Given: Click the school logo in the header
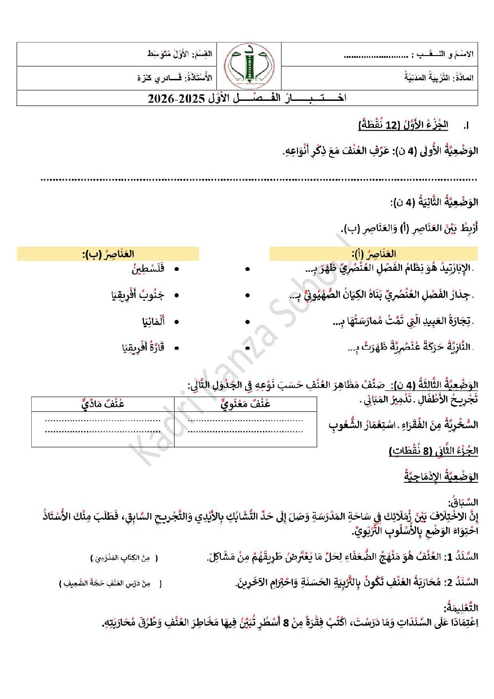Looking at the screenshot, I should [x=249, y=66].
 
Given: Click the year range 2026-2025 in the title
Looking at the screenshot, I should [x=176, y=99].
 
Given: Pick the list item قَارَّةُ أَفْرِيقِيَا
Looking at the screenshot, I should [x=143, y=347].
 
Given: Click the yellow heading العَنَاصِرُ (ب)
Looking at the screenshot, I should [x=108, y=254].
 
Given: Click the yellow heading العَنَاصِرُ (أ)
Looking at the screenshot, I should [x=374, y=254].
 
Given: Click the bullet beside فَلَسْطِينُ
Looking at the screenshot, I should [x=176, y=269].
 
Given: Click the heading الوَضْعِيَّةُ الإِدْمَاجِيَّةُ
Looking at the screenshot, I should [x=441, y=477].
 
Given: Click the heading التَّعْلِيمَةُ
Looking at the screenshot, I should [x=461, y=608].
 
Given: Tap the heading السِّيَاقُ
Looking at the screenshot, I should [x=463, y=502].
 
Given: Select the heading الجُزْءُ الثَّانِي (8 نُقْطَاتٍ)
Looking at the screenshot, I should [x=433, y=451].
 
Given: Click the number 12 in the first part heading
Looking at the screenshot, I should [x=393, y=125].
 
